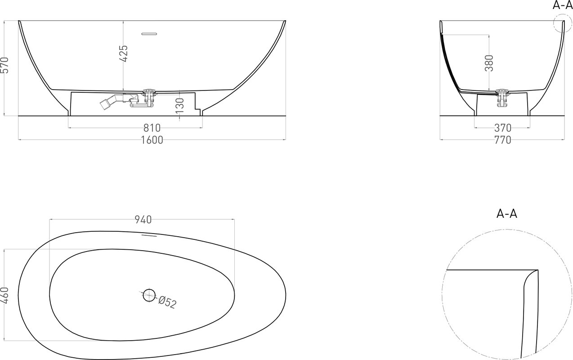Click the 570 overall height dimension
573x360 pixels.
(5, 65)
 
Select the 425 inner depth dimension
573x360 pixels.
(124, 54)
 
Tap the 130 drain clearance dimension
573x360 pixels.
(180, 106)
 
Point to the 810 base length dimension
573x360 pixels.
(152, 128)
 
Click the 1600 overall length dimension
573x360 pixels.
(152, 140)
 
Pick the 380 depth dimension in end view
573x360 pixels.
(489, 63)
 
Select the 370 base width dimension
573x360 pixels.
(503, 128)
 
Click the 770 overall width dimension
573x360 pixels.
(503, 140)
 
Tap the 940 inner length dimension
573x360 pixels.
(143, 220)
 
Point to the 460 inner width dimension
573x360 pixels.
(5, 295)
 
